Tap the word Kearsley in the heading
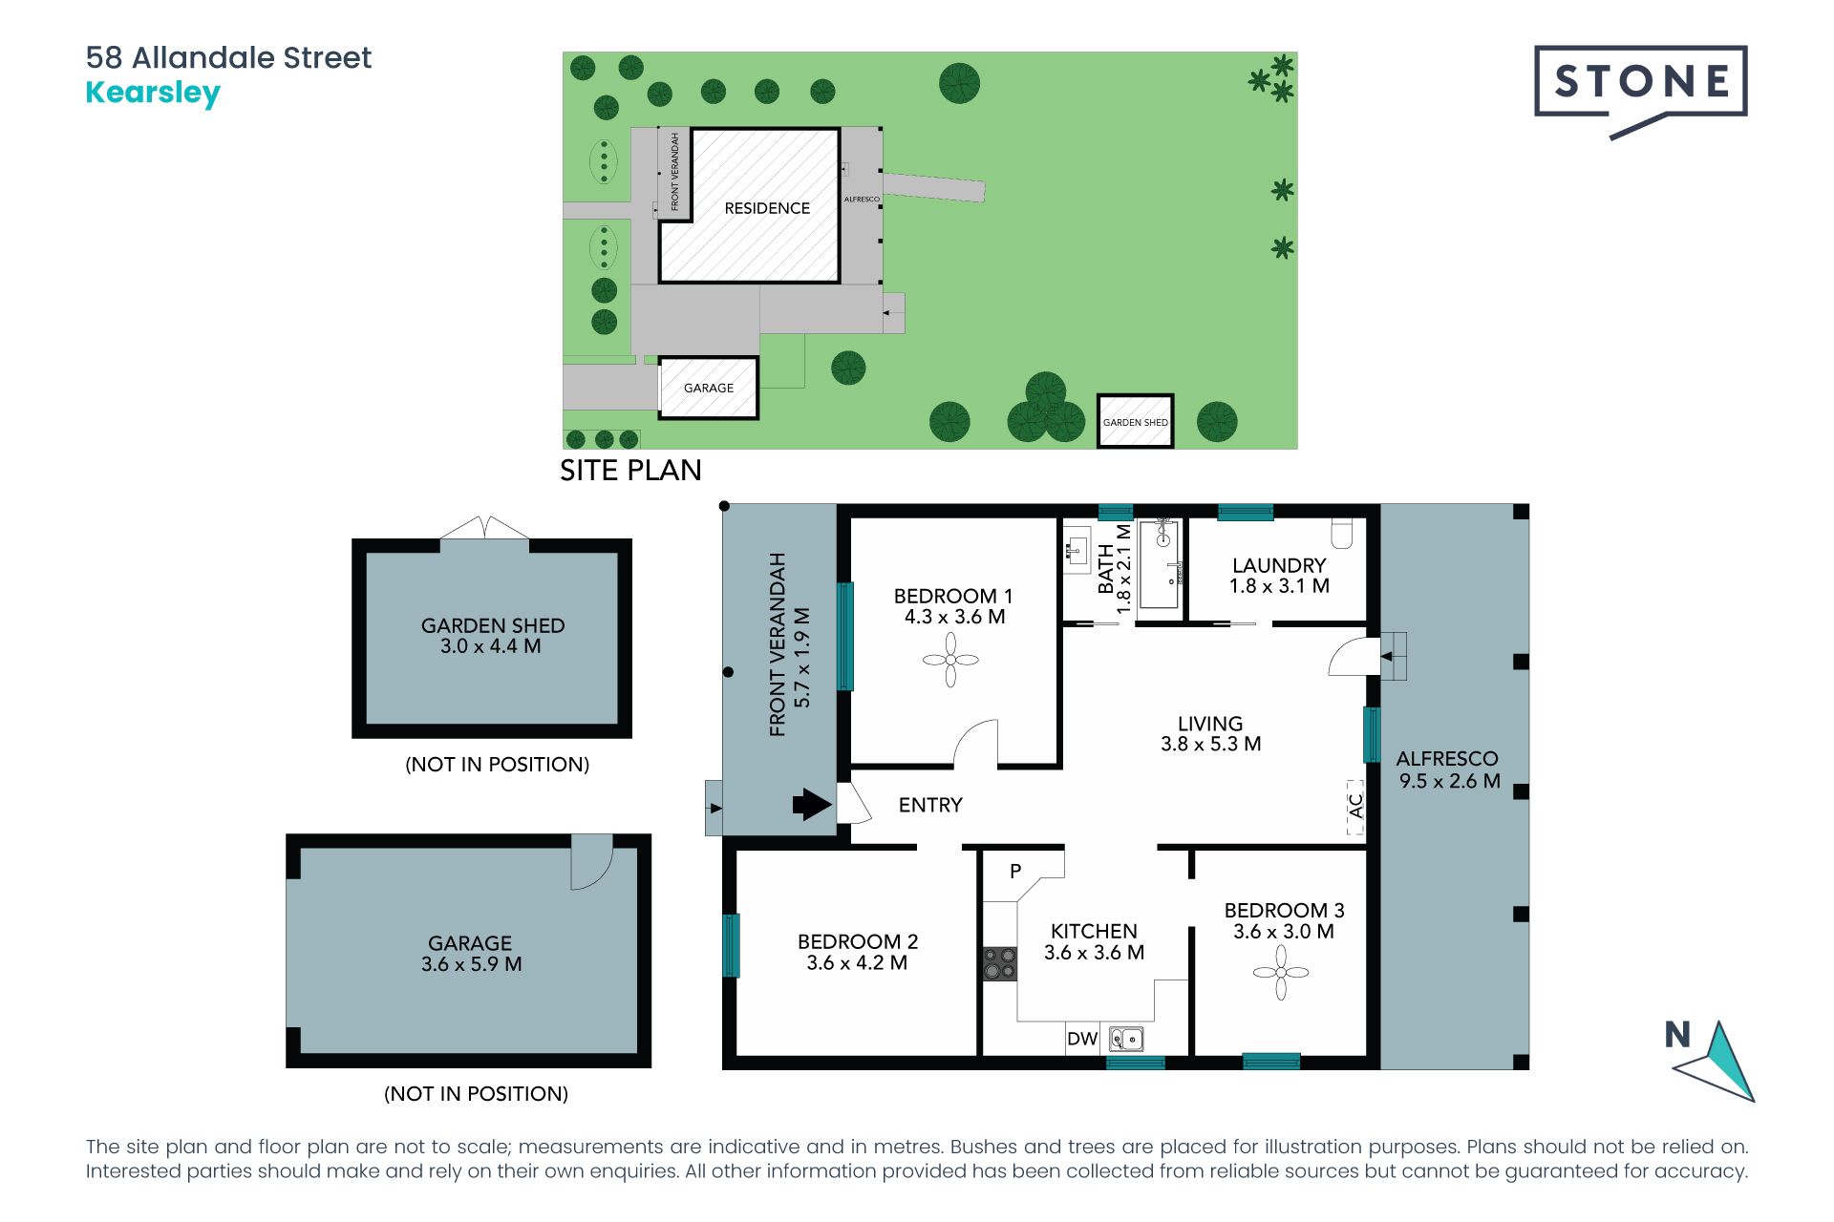(153, 94)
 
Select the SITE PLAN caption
(630, 470)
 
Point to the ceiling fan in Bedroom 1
(950, 660)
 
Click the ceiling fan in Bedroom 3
(1281, 972)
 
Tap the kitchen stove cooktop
(1000, 963)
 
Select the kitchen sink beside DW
(1126, 1038)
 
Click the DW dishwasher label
(1082, 1039)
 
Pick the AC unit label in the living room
(1355, 807)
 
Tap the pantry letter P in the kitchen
(1015, 871)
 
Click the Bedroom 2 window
(731, 945)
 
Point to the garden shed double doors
(484, 528)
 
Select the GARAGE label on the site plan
(709, 388)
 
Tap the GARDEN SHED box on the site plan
(1135, 421)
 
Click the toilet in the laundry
(1342, 534)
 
